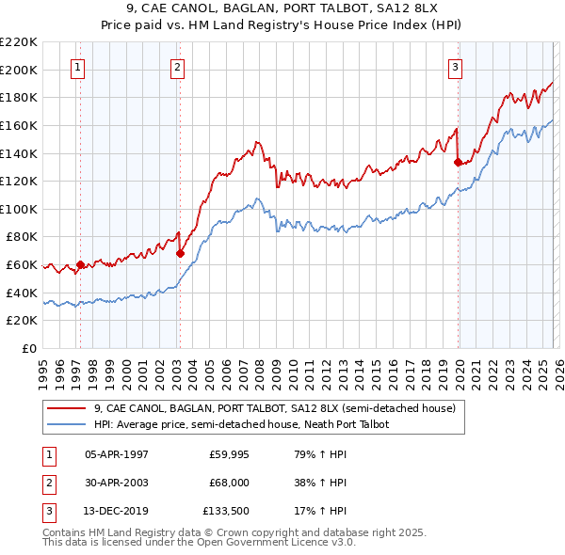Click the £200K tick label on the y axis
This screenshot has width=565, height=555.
tap(19, 70)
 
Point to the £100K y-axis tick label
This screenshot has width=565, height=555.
tap(19, 209)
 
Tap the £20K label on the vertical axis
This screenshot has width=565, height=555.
tap(22, 321)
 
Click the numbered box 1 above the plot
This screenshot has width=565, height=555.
tap(76, 67)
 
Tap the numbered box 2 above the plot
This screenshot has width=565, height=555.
tap(177, 67)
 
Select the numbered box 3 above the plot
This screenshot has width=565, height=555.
tap(455, 67)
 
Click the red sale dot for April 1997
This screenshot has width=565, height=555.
tap(80, 264)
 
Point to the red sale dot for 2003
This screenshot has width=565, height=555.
tap(180, 253)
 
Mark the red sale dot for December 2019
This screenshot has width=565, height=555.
tap(458, 162)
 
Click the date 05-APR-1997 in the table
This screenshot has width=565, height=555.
tap(116, 454)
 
